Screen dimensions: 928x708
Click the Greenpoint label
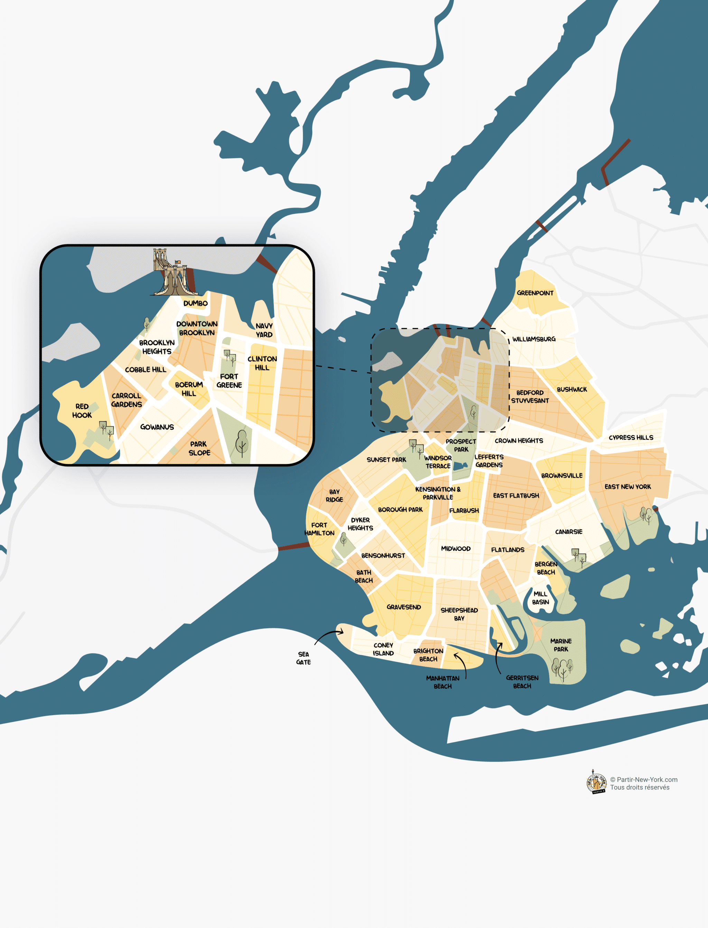coord(535,293)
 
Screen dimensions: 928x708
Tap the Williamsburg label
coord(533,339)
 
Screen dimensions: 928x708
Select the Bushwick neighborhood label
coord(571,389)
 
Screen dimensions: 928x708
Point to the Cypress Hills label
coord(631,437)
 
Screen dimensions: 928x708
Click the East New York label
coord(627,486)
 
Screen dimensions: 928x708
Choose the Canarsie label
coord(568,531)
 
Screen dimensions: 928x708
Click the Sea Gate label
coord(304,658)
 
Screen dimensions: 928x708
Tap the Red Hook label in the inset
coord(82,410)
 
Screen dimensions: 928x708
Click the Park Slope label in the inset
coord(199,448)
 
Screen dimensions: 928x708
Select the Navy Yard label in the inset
coord(264,330)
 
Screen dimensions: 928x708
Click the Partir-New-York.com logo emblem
coord(596,782)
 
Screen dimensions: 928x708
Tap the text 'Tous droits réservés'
coord(639,787)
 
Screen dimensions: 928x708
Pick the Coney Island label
coord(383,649)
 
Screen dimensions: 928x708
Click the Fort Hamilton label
coord(319,529)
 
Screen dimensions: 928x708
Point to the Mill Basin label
coord(540,597)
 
